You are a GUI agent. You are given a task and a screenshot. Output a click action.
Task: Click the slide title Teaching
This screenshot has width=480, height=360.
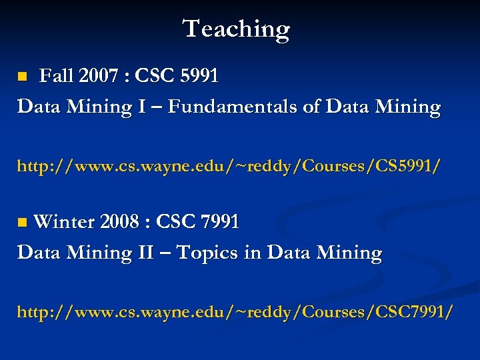pos(237,29)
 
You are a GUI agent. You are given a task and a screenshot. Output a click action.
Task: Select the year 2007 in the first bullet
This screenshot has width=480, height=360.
pos(97,77)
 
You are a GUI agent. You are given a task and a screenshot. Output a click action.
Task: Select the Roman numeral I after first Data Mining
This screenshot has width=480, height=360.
pos(141,107)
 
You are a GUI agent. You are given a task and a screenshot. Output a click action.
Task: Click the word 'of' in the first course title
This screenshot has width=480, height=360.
pos(311,107)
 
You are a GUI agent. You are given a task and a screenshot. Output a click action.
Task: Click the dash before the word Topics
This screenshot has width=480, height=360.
pos(168,253)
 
